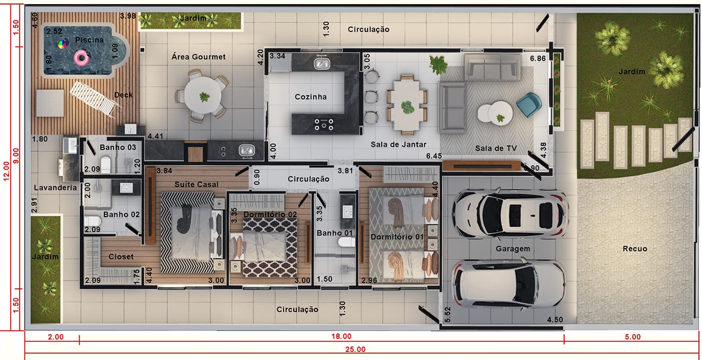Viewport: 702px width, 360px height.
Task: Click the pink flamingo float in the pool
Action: click(81, 58)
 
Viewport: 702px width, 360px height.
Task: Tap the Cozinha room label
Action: click(310, 97)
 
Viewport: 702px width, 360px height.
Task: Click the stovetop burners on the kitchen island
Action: click(324, 124)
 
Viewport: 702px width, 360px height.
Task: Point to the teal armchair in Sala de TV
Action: click(529, 105)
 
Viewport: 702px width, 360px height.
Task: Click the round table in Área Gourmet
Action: click(203, 95)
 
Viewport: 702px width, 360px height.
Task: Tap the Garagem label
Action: click(512, 249)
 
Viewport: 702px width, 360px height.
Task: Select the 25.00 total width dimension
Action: click(356, 349)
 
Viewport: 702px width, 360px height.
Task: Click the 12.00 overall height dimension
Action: click(6, 171)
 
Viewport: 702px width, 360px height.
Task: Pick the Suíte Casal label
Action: click(196, 184)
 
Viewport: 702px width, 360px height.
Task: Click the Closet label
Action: click(121, 257)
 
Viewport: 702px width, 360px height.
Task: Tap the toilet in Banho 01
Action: click(346, 242)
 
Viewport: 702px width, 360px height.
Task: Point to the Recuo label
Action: click(635, 249)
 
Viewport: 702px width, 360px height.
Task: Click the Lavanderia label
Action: click(56, 188)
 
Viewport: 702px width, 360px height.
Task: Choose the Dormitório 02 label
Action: click(270, 214)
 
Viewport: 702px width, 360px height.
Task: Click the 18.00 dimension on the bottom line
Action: click(341, 336)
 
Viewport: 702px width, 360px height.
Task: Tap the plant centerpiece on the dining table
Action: click(407, 107)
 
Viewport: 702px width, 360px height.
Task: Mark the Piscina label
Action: click(89, 40)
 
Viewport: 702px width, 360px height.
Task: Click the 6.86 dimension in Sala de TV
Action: click(538, 58)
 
